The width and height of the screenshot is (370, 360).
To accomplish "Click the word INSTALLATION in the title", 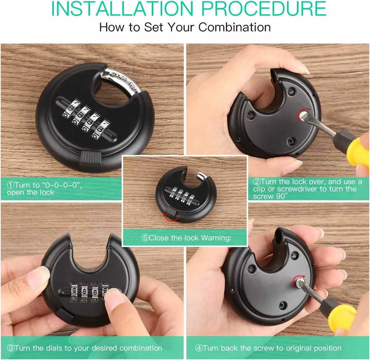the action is pyautogui.click(x=122, y=9).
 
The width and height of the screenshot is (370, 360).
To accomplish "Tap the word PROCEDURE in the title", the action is pyautogui.click(x=263, y=9).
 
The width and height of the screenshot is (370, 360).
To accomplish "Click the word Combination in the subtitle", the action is pyautogui.click(x=234, y=27).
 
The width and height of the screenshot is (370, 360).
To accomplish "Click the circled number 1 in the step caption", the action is pyautogui.click(x=11, y=185).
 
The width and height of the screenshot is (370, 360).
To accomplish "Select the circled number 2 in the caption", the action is pyautogui.click(x=257, y=182).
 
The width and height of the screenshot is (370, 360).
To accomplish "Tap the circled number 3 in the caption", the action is pyautogui.click(x=11, y=348).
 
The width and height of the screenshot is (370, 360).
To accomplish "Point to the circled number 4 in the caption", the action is pyautogui.click(x=199, y=348).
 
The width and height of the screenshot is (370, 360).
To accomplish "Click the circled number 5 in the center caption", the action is pyautogui.click(x=145, y=238).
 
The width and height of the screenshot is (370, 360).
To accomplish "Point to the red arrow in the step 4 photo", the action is pyautogui.click(x=298, y=278).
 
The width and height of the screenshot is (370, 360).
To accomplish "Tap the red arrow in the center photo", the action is pyautogui.click(x=171, y=219).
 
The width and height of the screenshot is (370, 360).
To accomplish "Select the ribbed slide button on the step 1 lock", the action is pyautogui.click(x=91, y=158).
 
